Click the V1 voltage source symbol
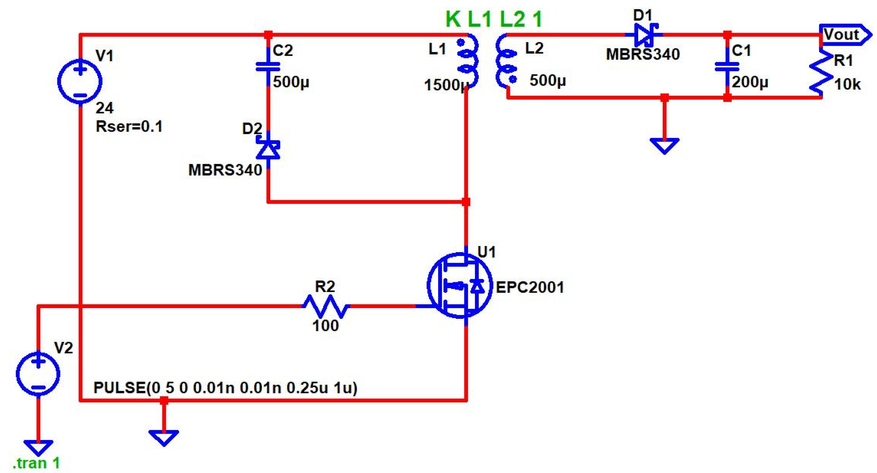(80, 81)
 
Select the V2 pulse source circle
(38, 374)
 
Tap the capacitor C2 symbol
(268, 66)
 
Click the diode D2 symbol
(268, 150)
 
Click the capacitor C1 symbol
(726, 66)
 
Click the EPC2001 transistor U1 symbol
(460, 286)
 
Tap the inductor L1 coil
(468, 61)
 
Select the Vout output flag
(844, 34)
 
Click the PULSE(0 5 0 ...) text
(226, 388)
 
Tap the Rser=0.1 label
(129, 127)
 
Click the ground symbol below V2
(38, 447)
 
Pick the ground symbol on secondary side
(664, 145)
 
